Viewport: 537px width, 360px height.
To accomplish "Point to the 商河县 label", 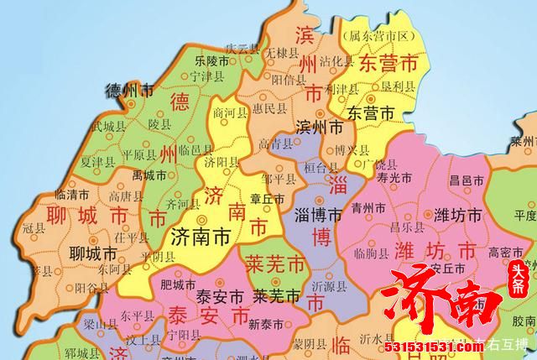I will click(x=230, y=111).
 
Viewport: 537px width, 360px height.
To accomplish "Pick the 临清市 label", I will click(x=70, y=194).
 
